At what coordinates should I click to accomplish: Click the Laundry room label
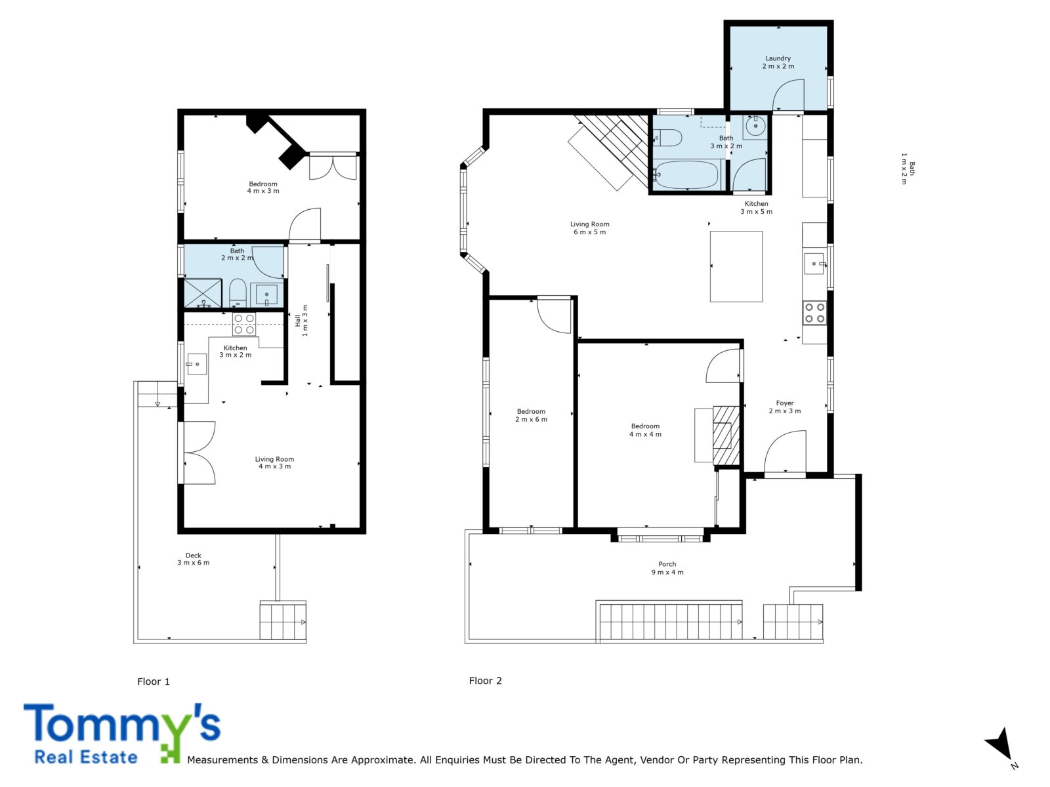point(778,62)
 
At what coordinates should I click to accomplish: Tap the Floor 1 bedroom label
point(263,188)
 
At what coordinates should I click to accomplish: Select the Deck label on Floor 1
point(193,559)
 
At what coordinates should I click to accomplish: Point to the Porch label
point(667,568)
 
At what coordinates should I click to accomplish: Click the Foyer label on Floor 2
point(784,407)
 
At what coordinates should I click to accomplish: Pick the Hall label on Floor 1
point(301,320)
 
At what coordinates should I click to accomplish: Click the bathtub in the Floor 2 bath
point(687,174)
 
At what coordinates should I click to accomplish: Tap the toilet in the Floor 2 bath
point(667,138)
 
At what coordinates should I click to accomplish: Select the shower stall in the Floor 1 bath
point(203,293)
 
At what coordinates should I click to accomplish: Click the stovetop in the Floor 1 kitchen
point(244,324)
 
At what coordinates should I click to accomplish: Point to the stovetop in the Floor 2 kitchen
point(814,313)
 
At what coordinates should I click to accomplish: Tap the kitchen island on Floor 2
point(736,267)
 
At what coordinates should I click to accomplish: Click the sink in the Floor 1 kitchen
point(197,364)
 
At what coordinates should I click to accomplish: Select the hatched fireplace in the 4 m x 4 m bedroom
point(726,435)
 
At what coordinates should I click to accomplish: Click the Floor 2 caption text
point(485,681)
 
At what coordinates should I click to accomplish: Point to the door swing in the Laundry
point(788,94)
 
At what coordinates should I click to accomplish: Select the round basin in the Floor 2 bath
point(756,126)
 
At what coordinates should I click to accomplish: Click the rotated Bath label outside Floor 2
point(908,168)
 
